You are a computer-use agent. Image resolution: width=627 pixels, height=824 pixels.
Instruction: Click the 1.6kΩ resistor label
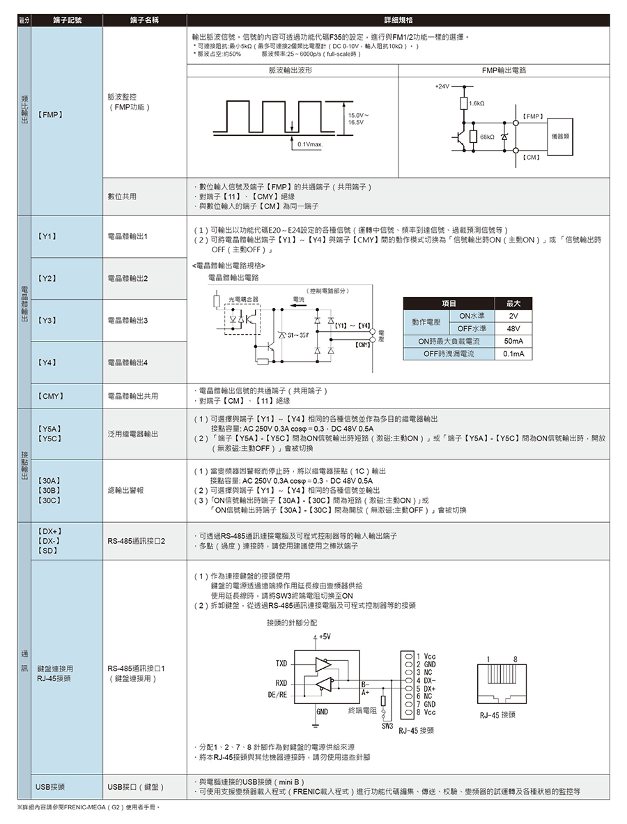coord(477,103)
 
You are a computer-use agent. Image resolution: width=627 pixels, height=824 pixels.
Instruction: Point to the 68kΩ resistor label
coord(486,137)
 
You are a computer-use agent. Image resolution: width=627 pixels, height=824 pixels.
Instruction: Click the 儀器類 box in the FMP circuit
coord(559,137)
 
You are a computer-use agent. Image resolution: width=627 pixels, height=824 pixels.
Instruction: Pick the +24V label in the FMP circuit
coord(441,86)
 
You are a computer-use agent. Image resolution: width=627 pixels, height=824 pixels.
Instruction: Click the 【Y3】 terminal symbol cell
coord(47,321)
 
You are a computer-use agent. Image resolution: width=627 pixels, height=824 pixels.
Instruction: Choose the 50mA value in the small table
coord(513,342)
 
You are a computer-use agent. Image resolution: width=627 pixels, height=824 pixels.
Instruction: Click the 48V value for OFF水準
coord(513,328)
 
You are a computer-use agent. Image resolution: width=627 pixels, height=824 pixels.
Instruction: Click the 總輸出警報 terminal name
coord(126,491)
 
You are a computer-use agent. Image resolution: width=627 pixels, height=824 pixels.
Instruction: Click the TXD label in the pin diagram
coord(281,662)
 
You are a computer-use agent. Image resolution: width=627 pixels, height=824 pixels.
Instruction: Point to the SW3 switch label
coord(388,726)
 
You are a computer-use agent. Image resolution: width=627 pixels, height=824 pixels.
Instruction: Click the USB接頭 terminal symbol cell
coord(51,787)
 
